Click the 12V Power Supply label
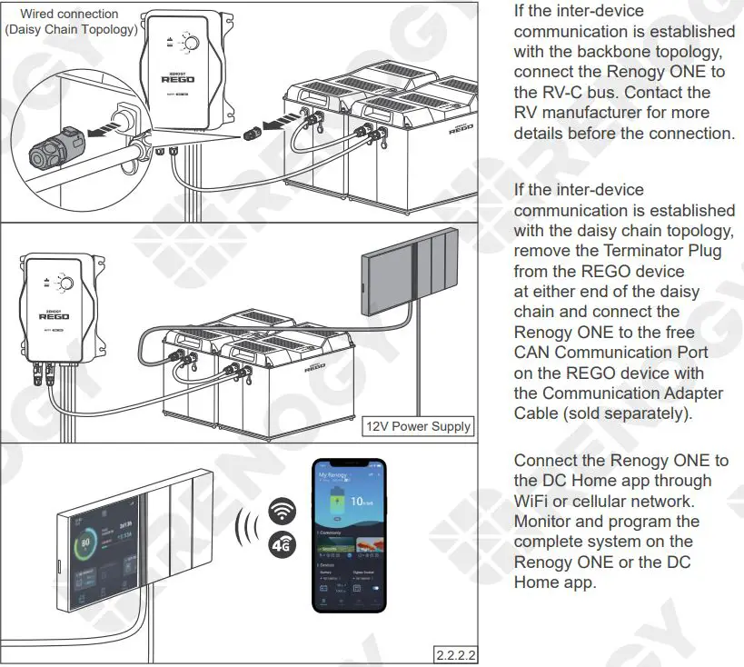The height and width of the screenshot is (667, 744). click(x=419, y=426)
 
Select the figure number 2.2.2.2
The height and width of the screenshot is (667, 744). click(x=456, y=654)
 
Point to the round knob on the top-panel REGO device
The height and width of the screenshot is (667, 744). click(x=191, y=43)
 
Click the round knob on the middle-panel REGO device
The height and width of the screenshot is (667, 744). click(x=64, y=284)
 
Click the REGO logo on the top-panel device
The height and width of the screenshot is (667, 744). click(x=178, y=78)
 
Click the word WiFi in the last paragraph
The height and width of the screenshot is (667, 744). click(x=532, y=501)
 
